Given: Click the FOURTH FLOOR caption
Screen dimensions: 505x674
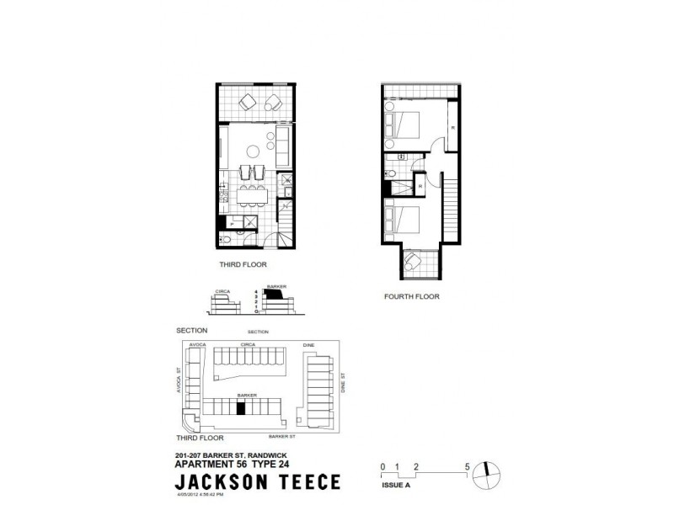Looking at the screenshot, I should click(x=413, y=296).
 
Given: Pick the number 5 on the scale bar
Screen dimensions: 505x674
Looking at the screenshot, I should click(x=467, y=465).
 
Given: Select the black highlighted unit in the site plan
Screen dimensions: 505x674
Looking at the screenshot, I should click(x=241, y=408).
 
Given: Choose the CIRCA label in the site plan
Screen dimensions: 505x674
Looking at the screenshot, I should click(x=248, y=343).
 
